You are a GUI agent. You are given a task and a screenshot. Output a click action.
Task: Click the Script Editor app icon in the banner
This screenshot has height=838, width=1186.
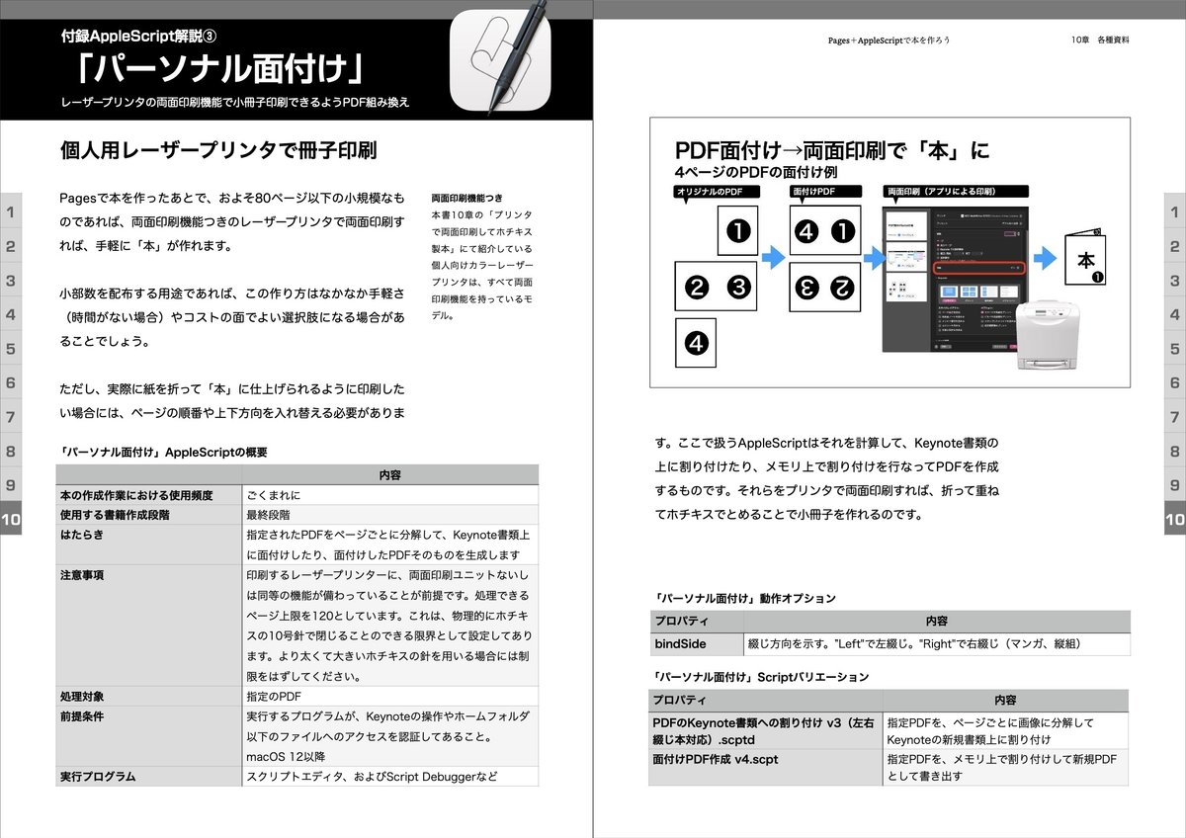tap(500, 62)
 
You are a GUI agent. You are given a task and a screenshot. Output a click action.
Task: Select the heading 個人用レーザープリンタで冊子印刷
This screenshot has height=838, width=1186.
tap(218, 152)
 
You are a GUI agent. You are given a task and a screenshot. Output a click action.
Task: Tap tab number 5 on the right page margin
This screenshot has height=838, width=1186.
tap(1174, 349)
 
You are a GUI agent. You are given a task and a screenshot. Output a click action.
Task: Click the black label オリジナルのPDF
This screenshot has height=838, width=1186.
tap(719, 192)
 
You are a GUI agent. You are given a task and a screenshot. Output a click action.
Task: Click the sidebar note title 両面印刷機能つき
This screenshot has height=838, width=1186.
tap(466, 198)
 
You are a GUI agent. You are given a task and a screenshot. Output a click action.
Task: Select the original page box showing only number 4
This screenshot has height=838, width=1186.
tap(696, 343)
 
